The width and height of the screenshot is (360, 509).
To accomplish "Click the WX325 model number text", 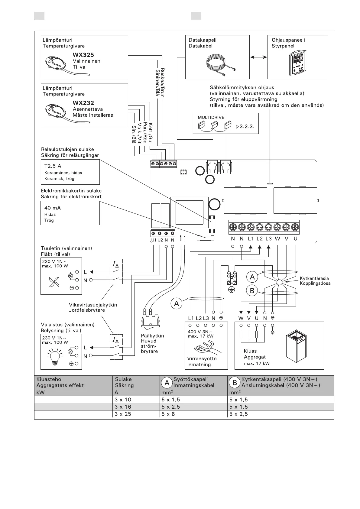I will click(x=83, y=55).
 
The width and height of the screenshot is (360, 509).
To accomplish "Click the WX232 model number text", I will click(x=83, y=103).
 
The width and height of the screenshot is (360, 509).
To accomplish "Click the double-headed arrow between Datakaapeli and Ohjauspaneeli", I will click(x=259, y=57).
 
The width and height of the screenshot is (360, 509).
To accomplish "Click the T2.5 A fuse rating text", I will click(x=53, y=166).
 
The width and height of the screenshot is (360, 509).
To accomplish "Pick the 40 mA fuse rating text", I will click(x=53, y=208).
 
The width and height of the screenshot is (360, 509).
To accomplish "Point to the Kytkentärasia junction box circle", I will click(x=279, y=282).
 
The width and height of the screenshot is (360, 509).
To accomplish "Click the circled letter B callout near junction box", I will click(x=252, y=291).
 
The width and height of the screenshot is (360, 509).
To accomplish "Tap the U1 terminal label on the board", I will click(x=154, y=240).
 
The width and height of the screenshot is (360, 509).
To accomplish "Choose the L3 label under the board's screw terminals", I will click(x=268, y=238).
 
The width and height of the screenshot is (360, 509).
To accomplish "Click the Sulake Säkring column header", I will click(x=124, y=382).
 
